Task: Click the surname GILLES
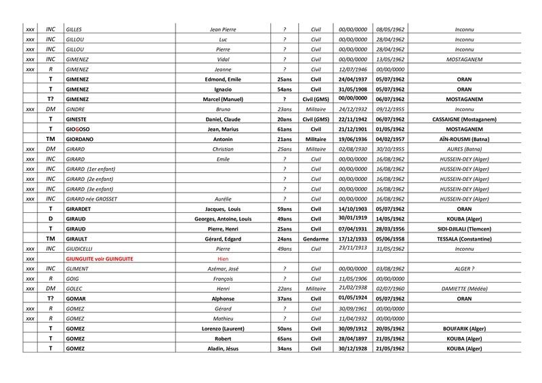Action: pyautogui.click(x=73, y=30)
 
